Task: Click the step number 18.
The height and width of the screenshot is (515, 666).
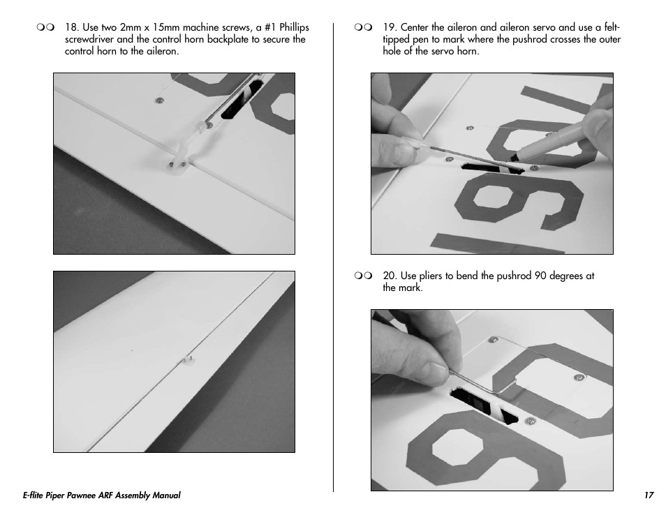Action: (x=71, y=28)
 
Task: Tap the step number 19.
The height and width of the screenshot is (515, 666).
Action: (x=390, y=28)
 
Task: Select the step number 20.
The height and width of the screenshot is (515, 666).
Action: (x=390, y=276)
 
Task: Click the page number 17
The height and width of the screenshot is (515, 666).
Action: (x=649, y=495)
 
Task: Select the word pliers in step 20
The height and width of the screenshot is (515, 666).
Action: (x=431, y=276)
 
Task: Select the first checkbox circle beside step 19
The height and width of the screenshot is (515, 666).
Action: (x=358, y=28)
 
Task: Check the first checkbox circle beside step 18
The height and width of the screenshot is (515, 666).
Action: (x=40, y=28)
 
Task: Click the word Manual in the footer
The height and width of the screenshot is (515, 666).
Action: (x=168, y=495)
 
